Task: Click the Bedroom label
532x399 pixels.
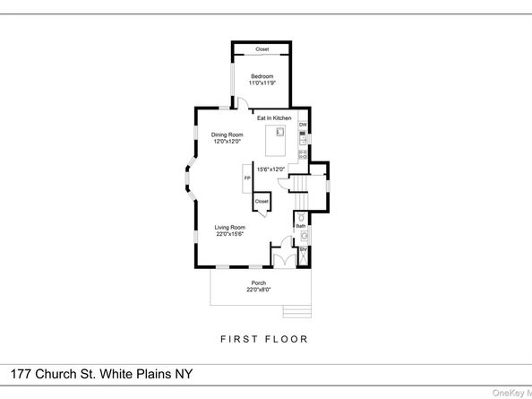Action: point(262,76)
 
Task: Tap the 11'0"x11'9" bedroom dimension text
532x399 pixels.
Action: point(262,82)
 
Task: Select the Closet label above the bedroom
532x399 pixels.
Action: point(262,49)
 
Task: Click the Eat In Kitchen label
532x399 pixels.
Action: point(274,118)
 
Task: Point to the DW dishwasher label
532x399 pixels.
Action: point(303,124)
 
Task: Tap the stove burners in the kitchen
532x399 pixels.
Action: point(303,154)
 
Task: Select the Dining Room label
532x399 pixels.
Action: point(227,135)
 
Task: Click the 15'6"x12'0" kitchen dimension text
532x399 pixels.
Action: point(270,169)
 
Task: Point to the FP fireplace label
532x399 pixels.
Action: point(247,178)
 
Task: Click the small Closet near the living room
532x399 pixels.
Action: point(262,202)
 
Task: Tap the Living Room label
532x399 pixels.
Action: point(229,227)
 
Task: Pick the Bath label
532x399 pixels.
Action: point(301,226)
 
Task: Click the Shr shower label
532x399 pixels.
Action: point(302,248)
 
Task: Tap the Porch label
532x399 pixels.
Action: point(258,283)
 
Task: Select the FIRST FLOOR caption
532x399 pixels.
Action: point(263,340)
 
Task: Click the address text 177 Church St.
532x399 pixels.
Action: point(100,374)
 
